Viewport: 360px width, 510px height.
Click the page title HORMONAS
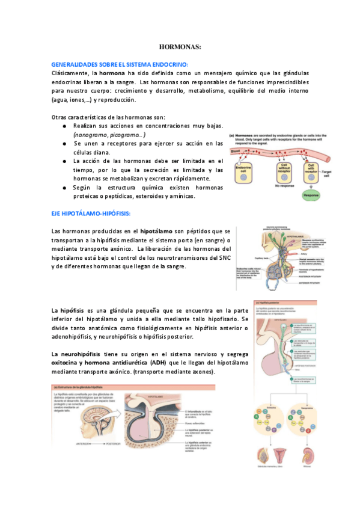[180, 46]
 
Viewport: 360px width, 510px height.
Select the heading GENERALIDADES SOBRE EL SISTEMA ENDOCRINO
[120, 64]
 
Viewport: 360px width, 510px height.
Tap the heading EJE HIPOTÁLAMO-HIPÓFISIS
[91, 214]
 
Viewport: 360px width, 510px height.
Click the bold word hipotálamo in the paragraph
[157, 231]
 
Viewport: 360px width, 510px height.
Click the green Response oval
[311, 195]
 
